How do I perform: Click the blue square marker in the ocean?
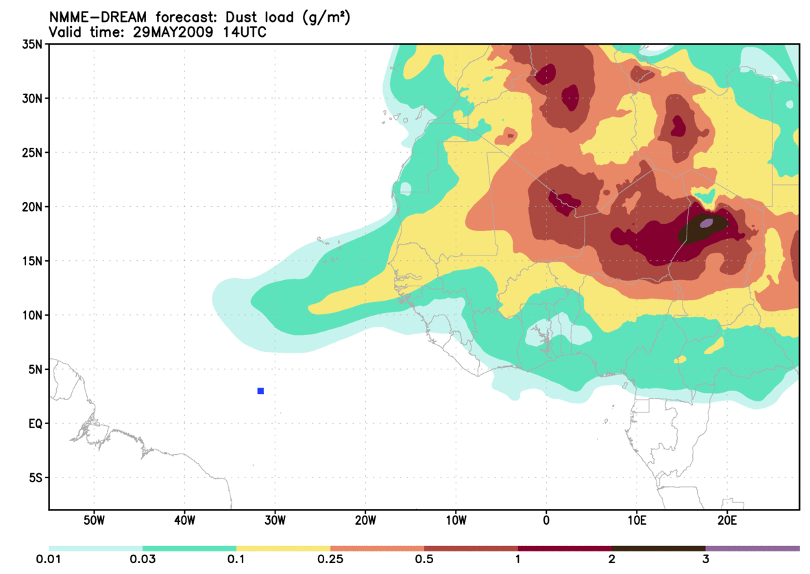(260, 391)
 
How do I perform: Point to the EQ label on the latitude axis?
(34, 424)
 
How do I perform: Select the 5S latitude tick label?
(34, 478)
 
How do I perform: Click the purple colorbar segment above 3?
(752, 549)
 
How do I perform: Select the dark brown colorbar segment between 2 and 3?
(659, 549)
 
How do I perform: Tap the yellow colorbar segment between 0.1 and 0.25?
(283, 549)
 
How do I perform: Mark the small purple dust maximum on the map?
(706, 223)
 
